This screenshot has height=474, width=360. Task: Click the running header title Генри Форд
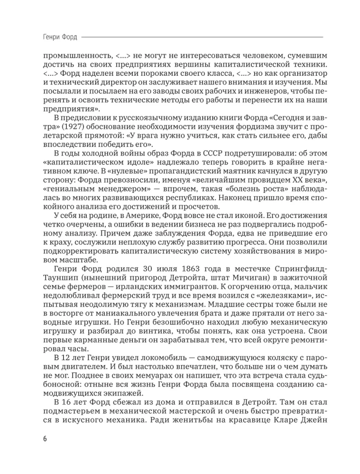55,36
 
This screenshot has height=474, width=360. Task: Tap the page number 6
38,438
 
